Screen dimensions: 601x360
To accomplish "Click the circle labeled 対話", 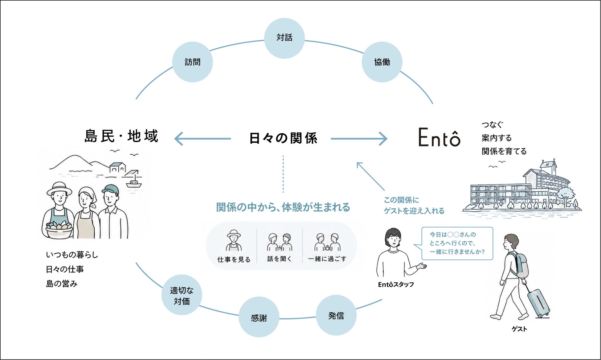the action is (x=284, y=38).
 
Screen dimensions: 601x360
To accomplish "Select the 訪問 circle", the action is (x=193, y=62).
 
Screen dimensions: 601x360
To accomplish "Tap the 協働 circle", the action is (x=382, y=62).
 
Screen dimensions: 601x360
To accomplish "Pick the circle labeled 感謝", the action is (x=259, y=317).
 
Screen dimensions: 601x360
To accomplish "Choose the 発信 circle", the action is (x=336, y=315).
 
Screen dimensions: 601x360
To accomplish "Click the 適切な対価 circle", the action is (x=182, y=295).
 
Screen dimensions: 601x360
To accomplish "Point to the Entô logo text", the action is (x=439, y=137).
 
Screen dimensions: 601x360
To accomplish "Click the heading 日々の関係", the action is (x=283, y=138).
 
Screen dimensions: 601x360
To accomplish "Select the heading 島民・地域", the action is (x=121, y=136).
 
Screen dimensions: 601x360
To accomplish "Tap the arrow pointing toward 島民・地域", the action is (x=202, y=139).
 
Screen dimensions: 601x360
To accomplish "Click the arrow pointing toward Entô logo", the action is (x=359, y=139).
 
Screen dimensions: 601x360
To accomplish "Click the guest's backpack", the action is (x=519, y=265).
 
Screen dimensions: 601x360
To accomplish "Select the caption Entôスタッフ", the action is (x=396, y=284).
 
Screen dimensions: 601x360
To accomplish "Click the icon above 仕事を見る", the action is (x=234, y=240).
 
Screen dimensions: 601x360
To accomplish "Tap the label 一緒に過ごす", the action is (x=327, y=259).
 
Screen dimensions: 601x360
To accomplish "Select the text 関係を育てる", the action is (x=504, y=151).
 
